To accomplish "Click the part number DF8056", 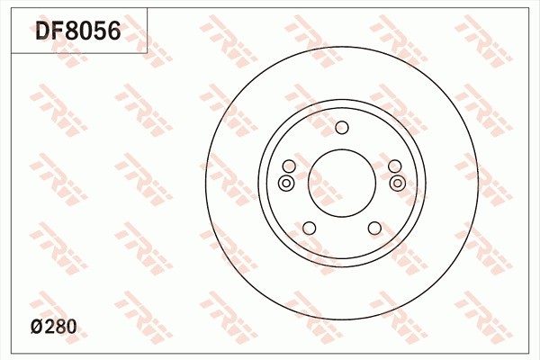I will (77, 32).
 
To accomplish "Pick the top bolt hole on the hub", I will (341, 127).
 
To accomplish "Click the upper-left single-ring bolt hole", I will (289, 166).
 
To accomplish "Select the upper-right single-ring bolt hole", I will (394, 166).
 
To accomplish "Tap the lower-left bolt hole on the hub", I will (309, 228).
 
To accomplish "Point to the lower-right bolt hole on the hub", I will (374, 228).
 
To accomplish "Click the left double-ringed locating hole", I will (286, 184).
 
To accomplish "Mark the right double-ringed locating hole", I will (398, 184).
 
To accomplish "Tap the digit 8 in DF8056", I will (73, 32).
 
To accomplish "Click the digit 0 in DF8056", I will (86, 32).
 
